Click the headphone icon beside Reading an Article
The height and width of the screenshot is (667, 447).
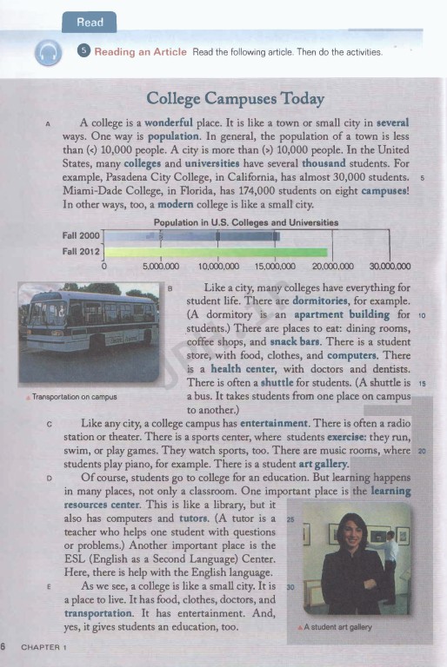48,55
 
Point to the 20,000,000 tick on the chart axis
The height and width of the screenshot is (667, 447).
333,267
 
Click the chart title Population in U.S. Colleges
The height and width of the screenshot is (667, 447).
245,223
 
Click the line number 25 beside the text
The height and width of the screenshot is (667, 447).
290,518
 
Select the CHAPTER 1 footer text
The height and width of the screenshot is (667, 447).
45,646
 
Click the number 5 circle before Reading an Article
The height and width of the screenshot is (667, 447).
83,52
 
